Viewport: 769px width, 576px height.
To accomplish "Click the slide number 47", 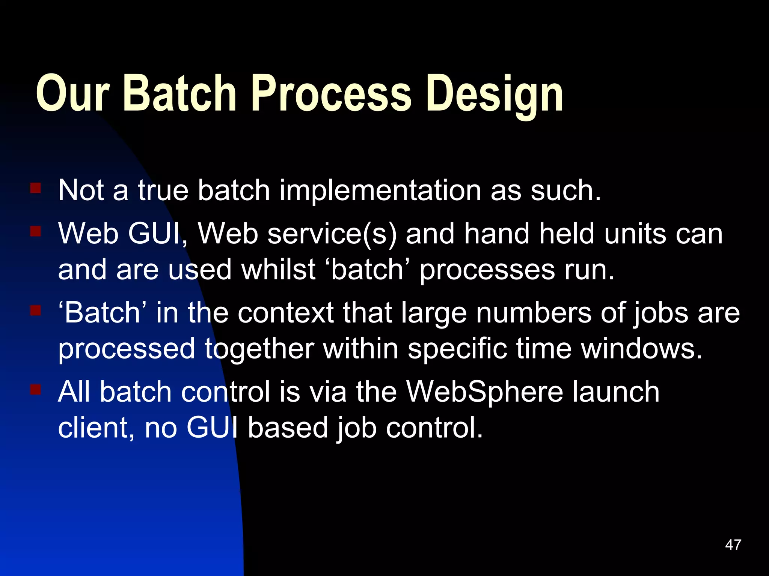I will click(x=733, y=545).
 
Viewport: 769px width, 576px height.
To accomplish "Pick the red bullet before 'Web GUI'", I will click(x=36, y=231).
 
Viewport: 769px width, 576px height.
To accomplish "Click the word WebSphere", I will click(x=485, y=392).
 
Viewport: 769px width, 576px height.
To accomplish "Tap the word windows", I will click(x=641, y=349).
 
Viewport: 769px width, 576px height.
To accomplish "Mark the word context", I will click(x=285, y=313).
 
